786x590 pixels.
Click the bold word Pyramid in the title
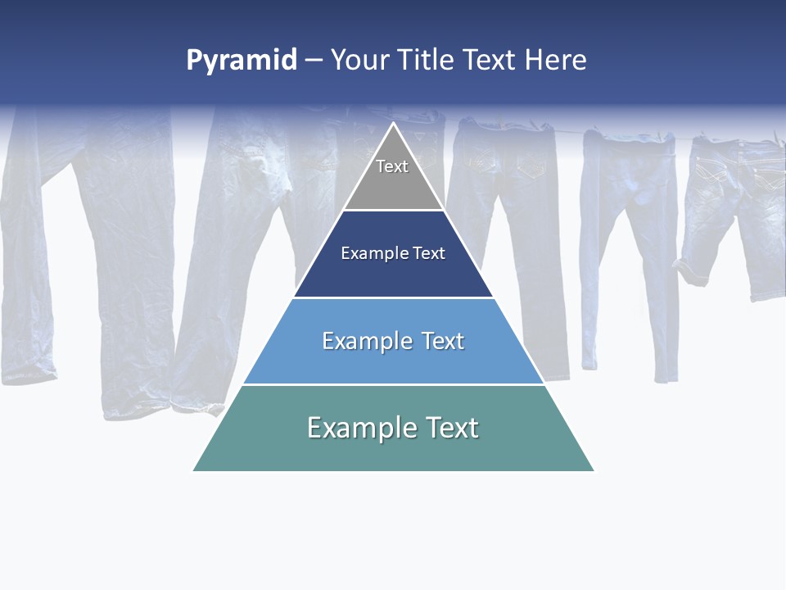[242, 61]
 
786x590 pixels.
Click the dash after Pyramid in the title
[314, 61]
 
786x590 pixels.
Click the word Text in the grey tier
[392, 166]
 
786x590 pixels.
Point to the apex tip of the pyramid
[394, 124]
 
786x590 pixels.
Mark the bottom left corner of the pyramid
[194, 470]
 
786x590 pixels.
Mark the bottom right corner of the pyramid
[594, 470]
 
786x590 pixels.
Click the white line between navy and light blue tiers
[393, 297]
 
